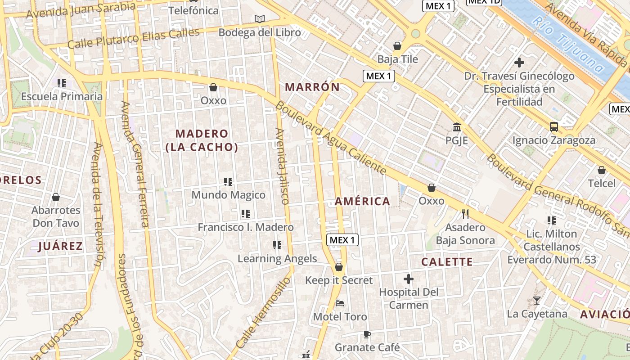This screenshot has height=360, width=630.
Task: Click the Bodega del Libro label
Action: click(260, 32)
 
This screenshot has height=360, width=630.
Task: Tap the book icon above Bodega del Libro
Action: click(260, 19)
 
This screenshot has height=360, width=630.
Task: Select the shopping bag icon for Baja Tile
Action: click(397, 46)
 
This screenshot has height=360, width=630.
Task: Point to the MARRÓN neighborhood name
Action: click(312, 87)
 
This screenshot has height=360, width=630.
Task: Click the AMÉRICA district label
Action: click(362, 201)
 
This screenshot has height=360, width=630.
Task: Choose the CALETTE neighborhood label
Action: click(447, 262)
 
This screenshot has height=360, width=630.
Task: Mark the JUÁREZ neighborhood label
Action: click(60, 246)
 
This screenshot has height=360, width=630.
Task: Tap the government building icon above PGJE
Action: click(457, 127)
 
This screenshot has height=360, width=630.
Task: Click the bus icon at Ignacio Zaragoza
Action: click(554, 127)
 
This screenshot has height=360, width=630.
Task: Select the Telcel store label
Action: click(602, 183)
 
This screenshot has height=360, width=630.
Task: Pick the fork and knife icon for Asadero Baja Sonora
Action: click(465, 214)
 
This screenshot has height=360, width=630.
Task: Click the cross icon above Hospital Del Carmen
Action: click(409, 279)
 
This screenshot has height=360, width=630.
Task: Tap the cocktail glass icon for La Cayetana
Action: click(537, 301)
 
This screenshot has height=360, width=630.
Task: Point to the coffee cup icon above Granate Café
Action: click(367, 334)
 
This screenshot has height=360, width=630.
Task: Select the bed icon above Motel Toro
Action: click(340, 303)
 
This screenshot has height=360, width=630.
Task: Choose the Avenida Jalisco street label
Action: click(282, 166)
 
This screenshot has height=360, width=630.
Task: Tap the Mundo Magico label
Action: click(229, 195)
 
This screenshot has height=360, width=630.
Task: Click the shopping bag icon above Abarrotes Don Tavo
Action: click(56, 197)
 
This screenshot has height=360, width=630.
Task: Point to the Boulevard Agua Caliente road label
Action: click(330, 138)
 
